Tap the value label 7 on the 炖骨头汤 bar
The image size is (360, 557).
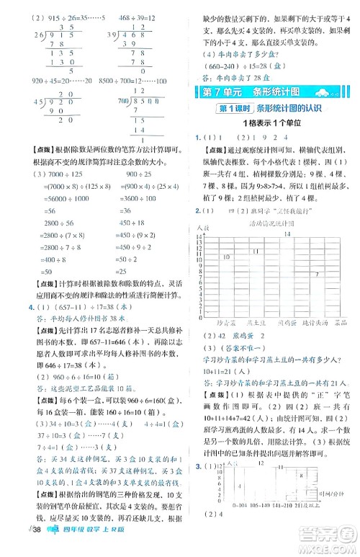tap(317, 275)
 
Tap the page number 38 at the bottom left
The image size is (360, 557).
tap(14, 545)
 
